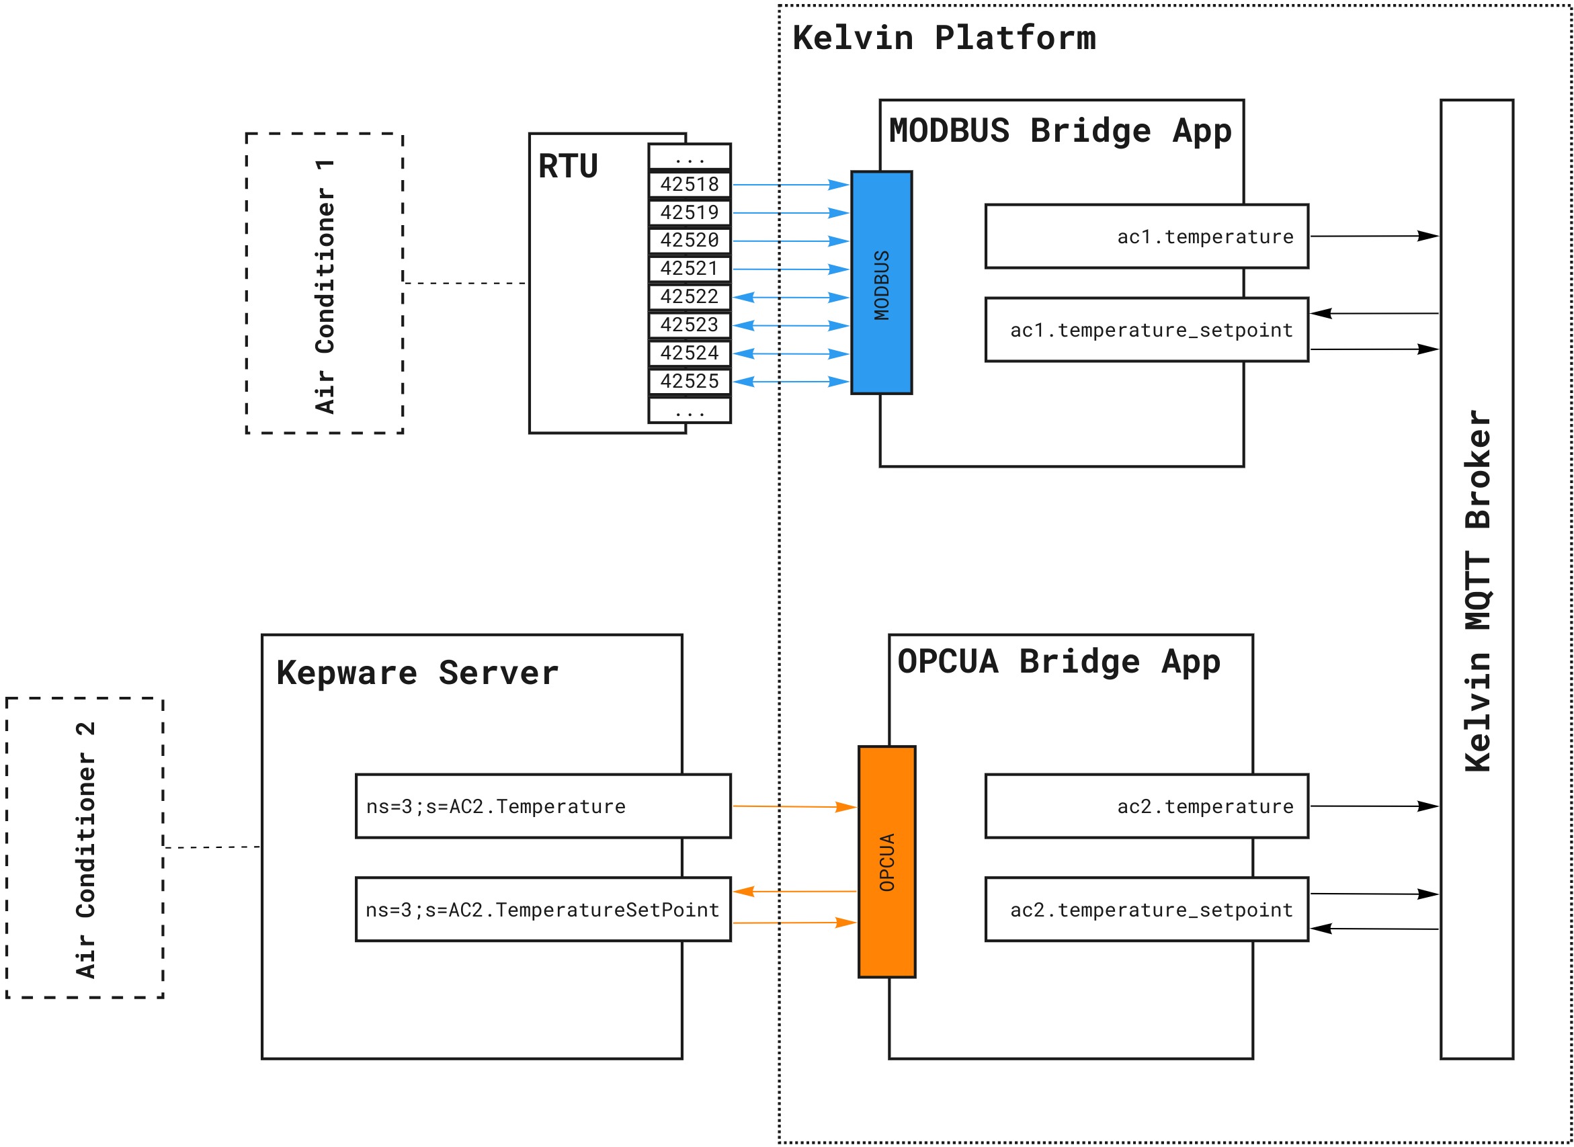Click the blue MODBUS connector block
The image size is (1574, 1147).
coord(881,283)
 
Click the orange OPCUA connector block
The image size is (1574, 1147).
coord(886,861)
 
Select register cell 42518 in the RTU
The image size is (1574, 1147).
coord(690,185)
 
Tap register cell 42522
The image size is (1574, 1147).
coord(690,296)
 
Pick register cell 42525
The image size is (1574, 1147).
coord(690,381)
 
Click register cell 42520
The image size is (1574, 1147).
coord(690,241)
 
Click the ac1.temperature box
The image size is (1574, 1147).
coord(1147,236)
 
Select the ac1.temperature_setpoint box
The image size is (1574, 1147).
coord(1147,330)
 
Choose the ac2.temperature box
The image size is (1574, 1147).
coord(1147,806)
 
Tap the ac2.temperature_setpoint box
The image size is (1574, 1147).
coord(1147,910)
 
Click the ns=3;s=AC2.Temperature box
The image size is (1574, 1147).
coord(543,806)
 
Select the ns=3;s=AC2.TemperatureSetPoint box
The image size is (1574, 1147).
coord(543,910)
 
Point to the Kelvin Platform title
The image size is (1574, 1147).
coord(944,38)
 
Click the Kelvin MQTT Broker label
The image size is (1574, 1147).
coord(1477,590)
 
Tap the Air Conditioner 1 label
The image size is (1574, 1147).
coord(325,286)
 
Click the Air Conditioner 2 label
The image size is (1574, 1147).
coord(85,851)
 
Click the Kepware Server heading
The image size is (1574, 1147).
coord(417,673)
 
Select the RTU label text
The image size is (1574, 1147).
coord(568,167)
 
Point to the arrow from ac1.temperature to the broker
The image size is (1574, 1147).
coord(1373,236)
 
